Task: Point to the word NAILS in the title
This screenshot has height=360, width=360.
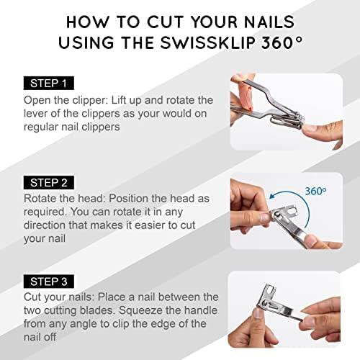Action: pos(259,19)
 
